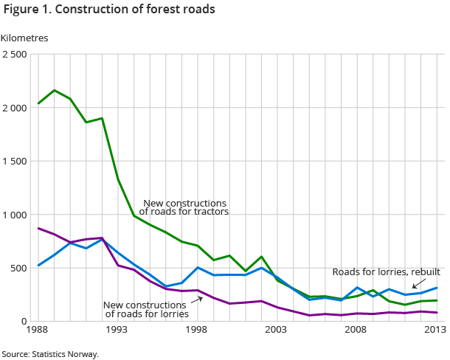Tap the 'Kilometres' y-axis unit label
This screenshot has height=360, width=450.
pyautogui.click(x=24, y=38)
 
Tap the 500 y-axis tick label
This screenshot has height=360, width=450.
pyautogui.click(x=18, y=268)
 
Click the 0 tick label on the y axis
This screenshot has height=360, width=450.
pyautogui.click(x=24, y=322)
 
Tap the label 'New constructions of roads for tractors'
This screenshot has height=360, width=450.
pyautogui.click(x=184, y=207)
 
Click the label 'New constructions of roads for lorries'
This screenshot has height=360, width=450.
pyautogui.click(x=145, y=308)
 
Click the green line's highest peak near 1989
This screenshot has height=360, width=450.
pyautogui.click(x=55, y=90)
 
